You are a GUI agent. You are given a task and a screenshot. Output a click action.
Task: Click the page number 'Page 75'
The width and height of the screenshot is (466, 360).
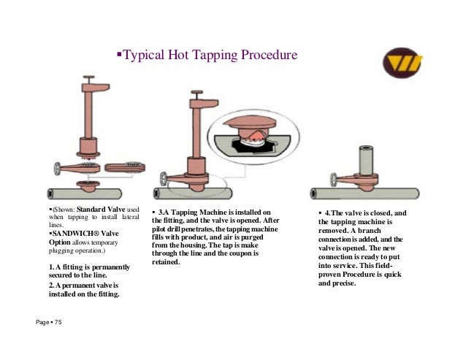pyautogui.click(x=49, y=322)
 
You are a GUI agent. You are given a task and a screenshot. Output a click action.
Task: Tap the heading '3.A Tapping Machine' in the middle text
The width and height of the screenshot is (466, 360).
pyautogui.click(x=199, y=212)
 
